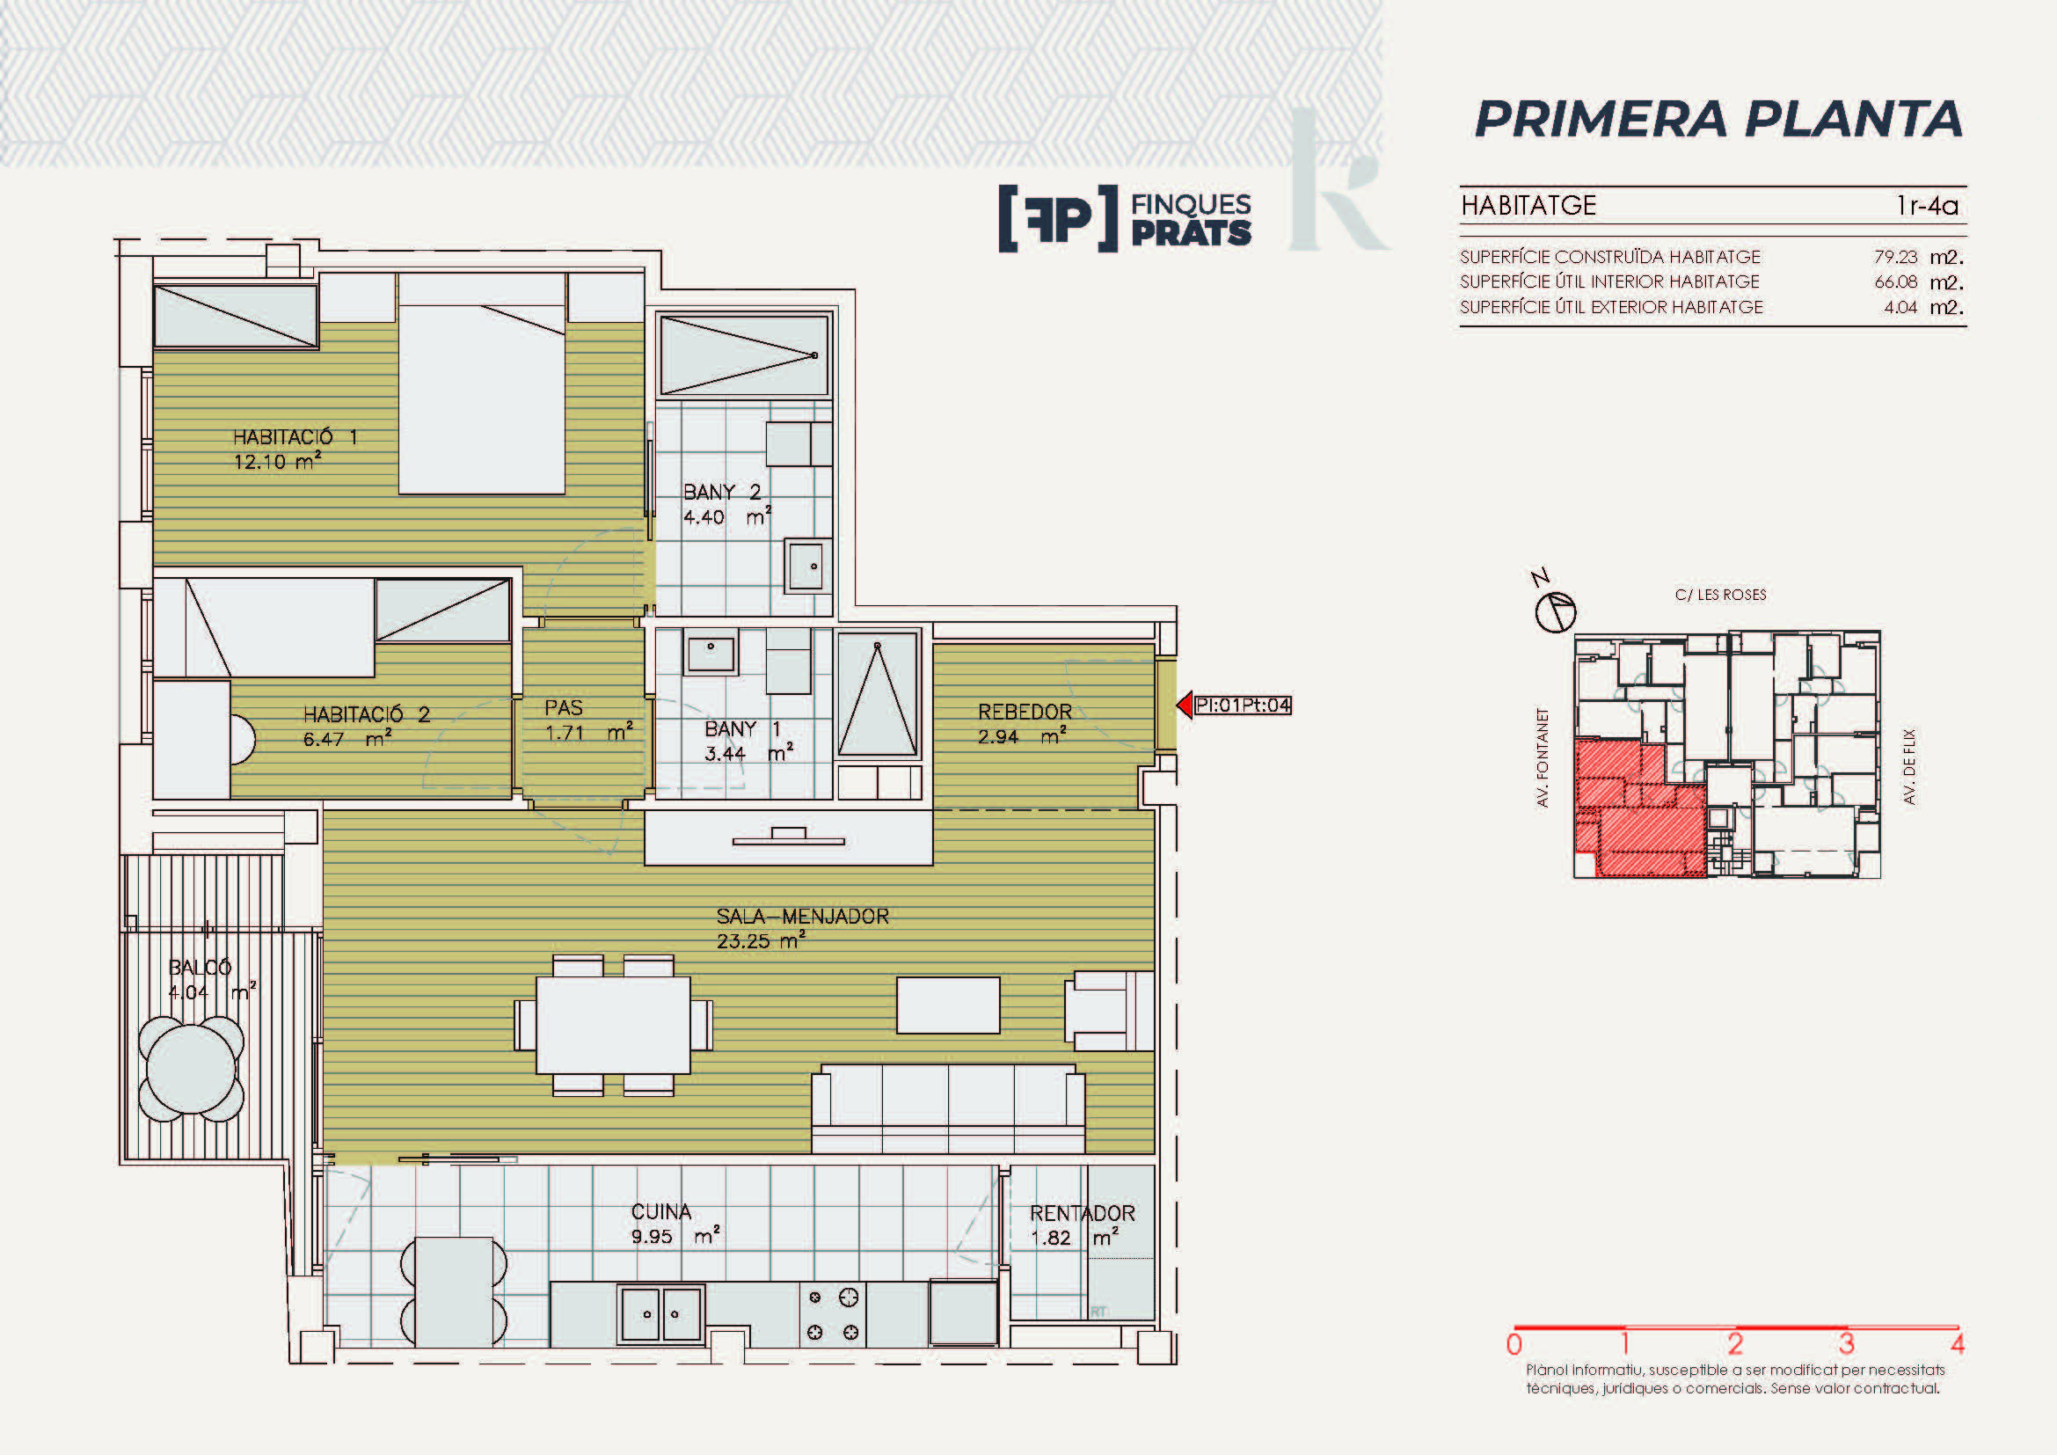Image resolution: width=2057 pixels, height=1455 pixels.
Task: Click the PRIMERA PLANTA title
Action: click(x=1718, y=119)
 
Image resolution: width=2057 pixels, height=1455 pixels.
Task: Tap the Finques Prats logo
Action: click(x=1126, y=219)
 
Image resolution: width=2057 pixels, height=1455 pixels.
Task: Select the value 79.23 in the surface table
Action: click(x=1895, y=257)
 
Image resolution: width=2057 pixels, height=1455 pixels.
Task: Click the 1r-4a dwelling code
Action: click(x=1927, y=206)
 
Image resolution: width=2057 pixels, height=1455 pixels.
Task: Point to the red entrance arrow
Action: click(x=1185, y=706)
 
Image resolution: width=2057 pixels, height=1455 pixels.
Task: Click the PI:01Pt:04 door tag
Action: click(x=1243, y=706)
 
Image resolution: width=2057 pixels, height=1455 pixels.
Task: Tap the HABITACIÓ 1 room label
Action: click(x=295, y=437)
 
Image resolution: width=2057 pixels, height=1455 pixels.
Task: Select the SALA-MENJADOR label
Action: click(x=803, y=917)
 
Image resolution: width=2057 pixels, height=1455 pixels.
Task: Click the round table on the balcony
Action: click(x=191, y=1068)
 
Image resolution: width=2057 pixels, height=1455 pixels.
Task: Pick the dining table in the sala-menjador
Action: click(x=614, y=1025)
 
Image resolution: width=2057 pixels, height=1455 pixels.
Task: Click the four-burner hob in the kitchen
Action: click(x=832, y=1314)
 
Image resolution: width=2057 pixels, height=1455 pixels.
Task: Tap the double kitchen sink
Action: click(x=661, y=1313)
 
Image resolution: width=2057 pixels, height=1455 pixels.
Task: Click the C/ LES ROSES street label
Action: click(x=1720, y=595)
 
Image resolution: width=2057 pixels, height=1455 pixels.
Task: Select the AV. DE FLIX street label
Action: click(x=1909, y=766)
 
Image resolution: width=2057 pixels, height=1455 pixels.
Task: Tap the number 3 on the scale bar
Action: click(x=1847, y=1344)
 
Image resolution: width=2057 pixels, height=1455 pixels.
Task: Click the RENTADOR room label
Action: click(x=1083, y=1213)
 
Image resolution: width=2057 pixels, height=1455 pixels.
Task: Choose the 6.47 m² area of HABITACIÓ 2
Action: click(x=347, y=740)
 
